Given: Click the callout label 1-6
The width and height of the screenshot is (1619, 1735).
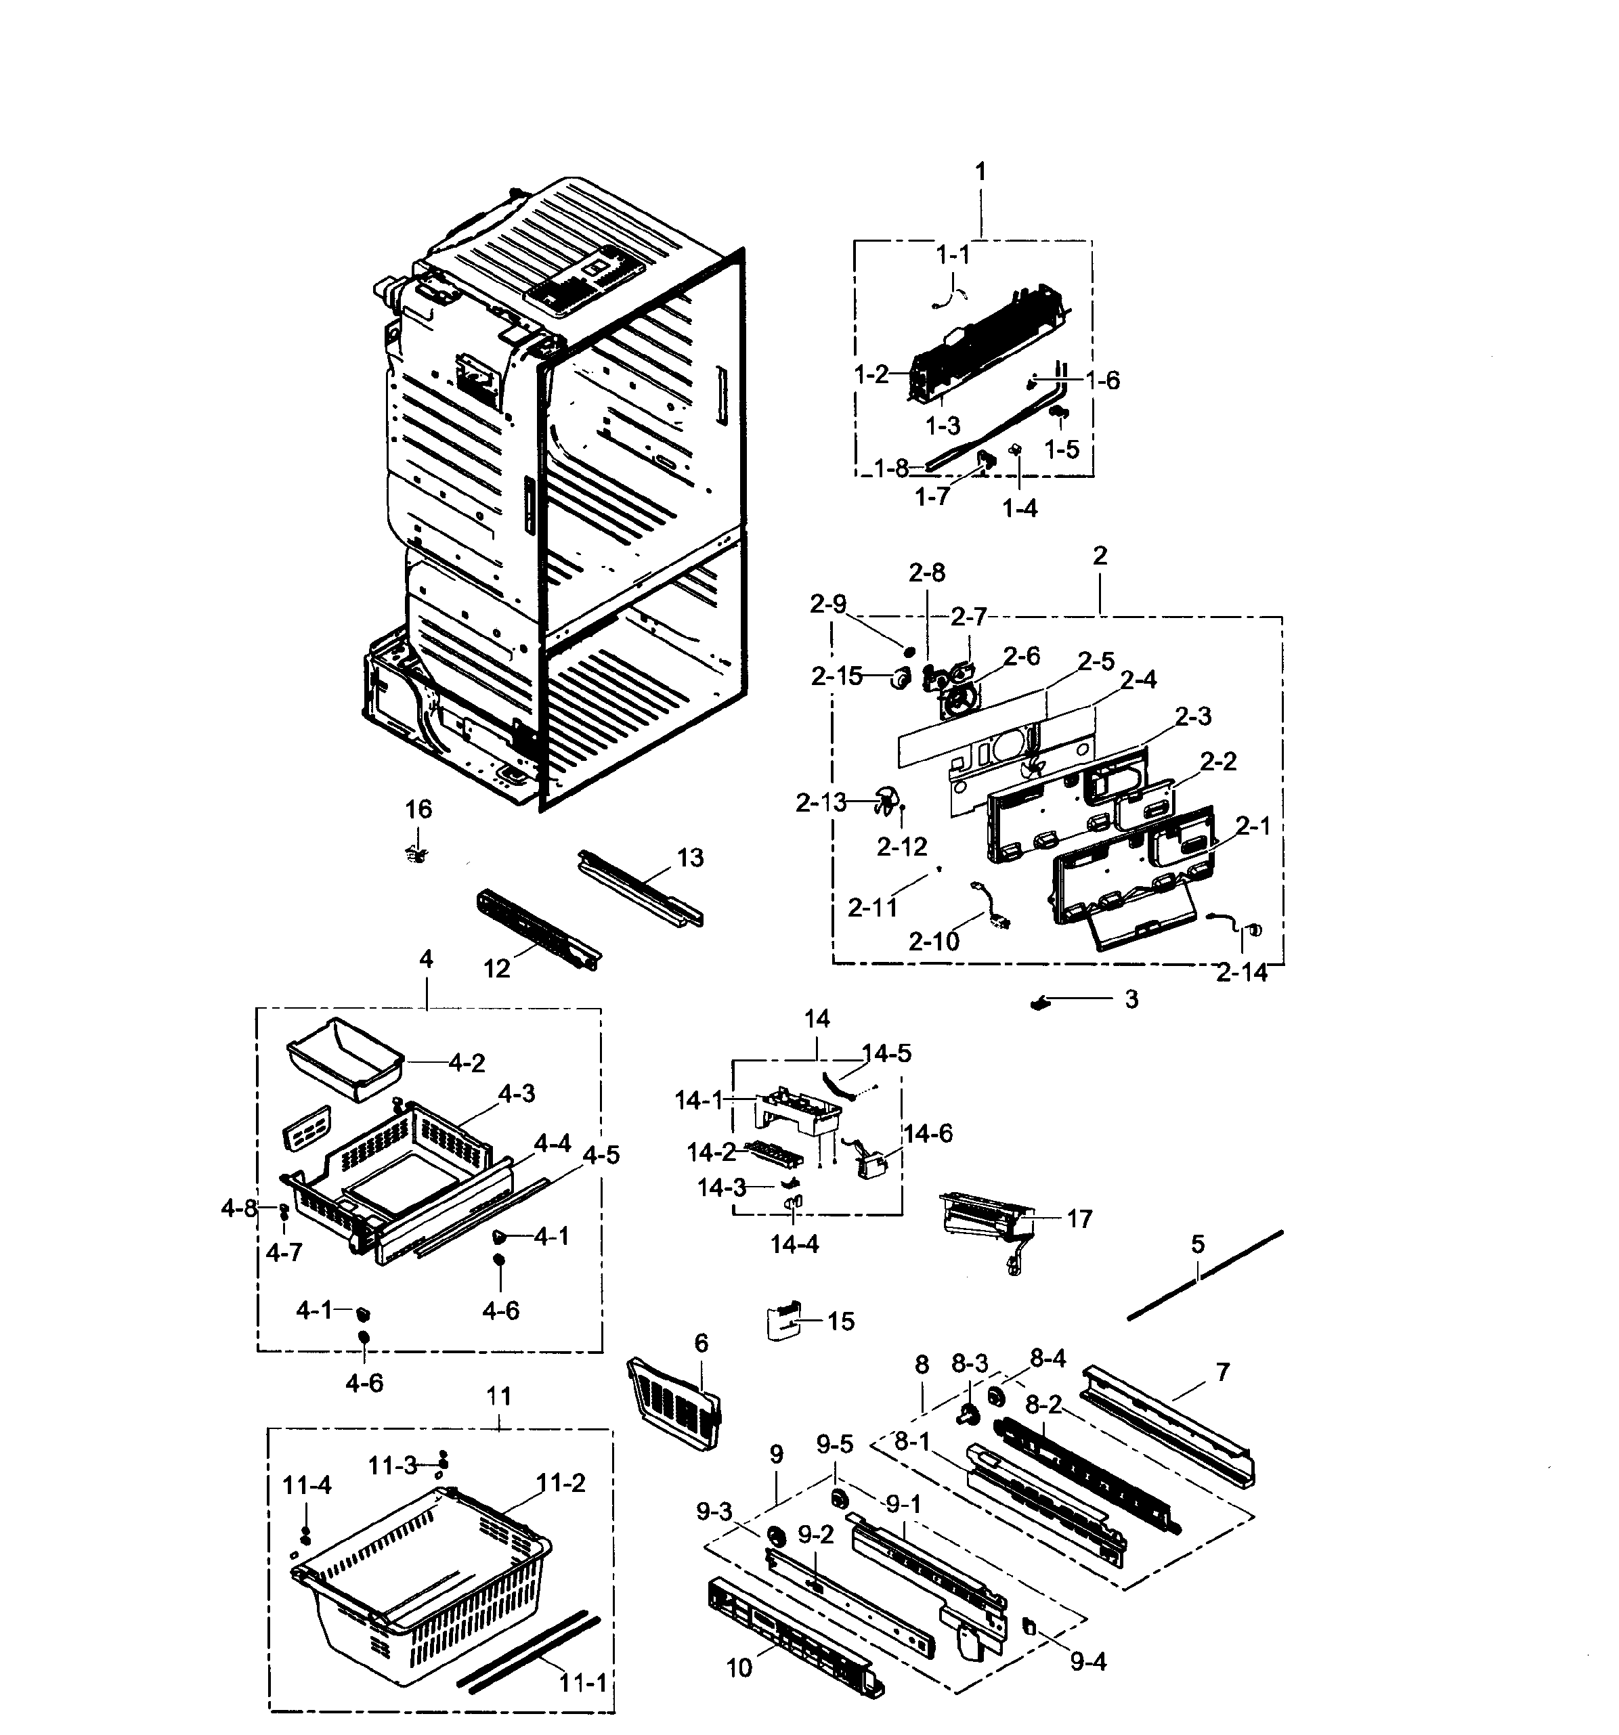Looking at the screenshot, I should coord(1103,380).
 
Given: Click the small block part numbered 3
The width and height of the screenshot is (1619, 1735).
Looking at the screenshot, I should coord(1039,1004).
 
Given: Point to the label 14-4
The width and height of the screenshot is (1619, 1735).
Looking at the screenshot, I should coord(794,1244).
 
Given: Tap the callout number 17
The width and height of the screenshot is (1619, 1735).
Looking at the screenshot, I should coord(1079,1218).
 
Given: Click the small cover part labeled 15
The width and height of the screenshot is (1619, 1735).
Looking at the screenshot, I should coord(782,1321).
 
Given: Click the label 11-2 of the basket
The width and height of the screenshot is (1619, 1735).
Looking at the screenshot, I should coord(561,1482).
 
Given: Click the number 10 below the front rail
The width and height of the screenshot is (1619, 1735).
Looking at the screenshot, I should coord(738,1668).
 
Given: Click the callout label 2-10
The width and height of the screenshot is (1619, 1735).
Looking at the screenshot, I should coord(933,941).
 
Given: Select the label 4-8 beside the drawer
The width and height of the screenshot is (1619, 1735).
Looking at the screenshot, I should coord(238,1209).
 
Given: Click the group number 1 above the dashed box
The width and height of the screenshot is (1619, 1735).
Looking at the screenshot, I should coord(980,172).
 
